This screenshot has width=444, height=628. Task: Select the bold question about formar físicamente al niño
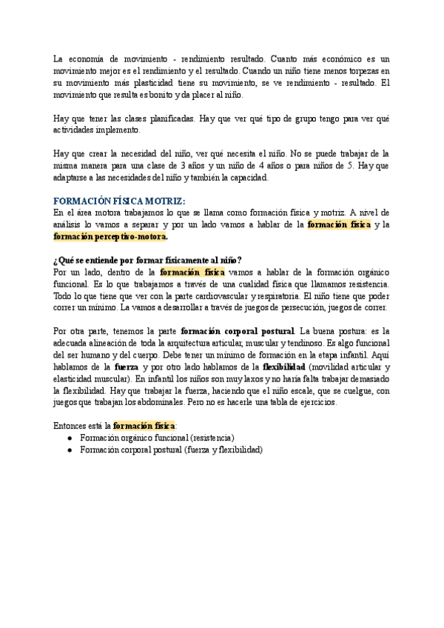147,261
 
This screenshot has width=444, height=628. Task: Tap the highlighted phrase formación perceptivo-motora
110,236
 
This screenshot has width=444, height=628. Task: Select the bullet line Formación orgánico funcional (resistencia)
157,438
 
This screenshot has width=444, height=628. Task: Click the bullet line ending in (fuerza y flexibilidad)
171,450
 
